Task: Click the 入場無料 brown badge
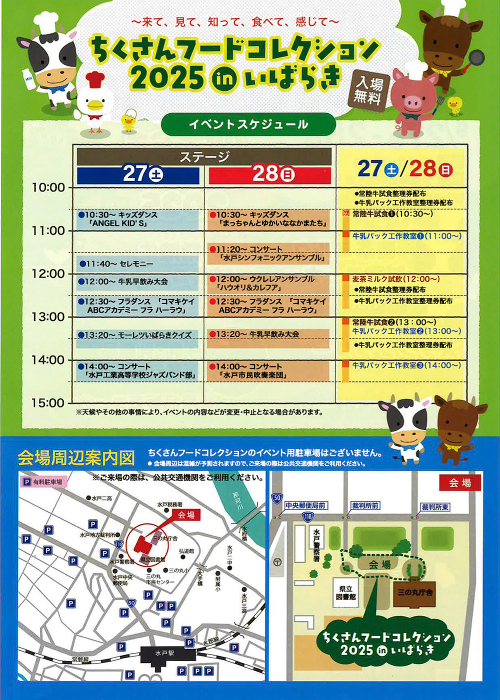point(368,89)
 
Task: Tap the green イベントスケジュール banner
point(248,124)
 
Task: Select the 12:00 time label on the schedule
point(48,273)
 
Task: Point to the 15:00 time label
point(48,403)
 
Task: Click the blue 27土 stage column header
point(138,174)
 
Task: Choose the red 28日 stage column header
point(270,174)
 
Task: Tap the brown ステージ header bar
point(204,156)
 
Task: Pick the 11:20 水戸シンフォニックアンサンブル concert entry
point(269,253)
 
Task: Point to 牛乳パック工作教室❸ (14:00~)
point(406,365)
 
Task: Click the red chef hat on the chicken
point(94,78)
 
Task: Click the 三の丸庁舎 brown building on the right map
point(414,593)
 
